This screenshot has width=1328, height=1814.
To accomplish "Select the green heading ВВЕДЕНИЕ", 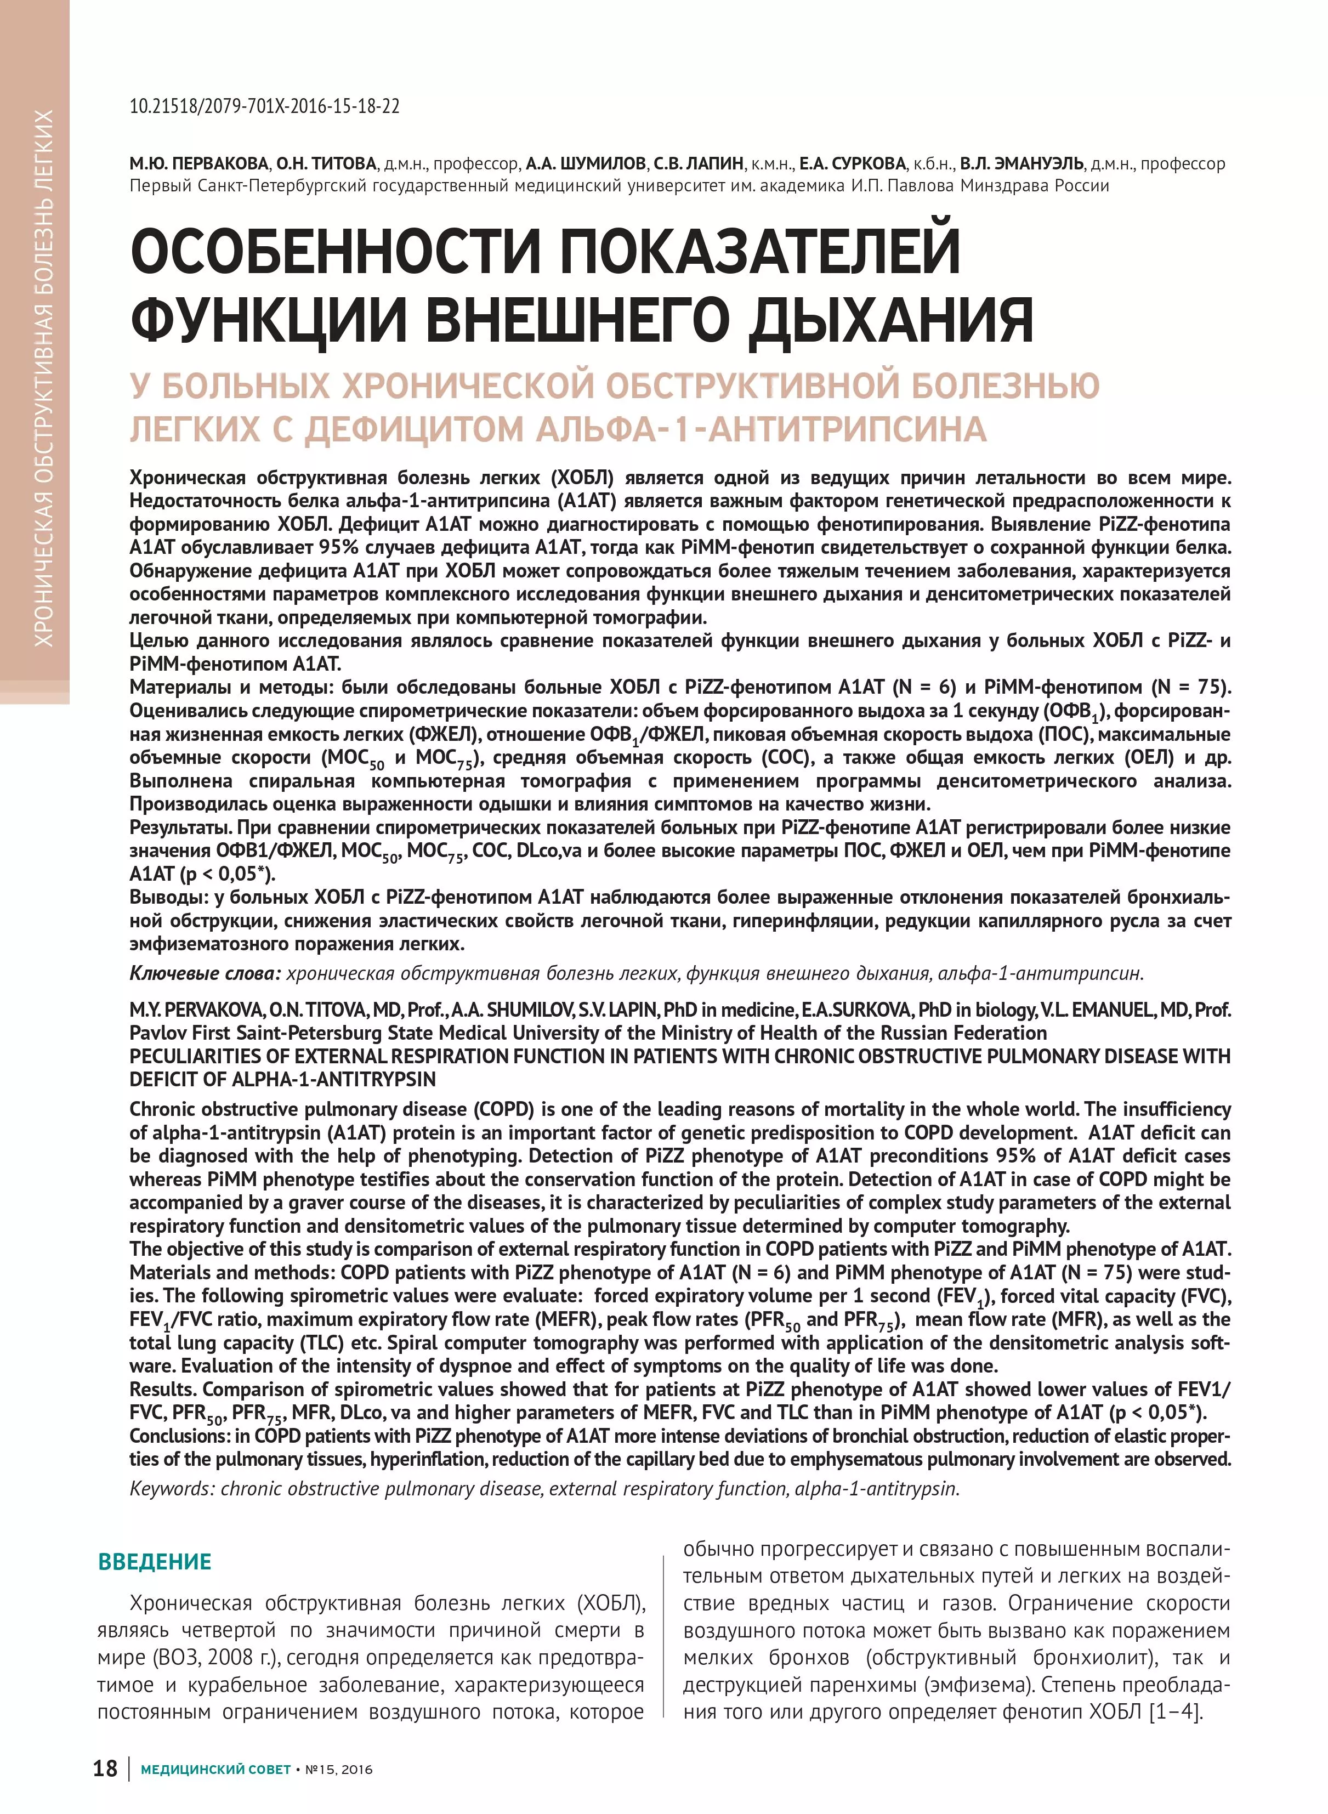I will tap(154, 1562).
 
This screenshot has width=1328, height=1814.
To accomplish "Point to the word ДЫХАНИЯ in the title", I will tap(890, 320).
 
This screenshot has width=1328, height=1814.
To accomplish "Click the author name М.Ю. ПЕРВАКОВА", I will tap(200, 164).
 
